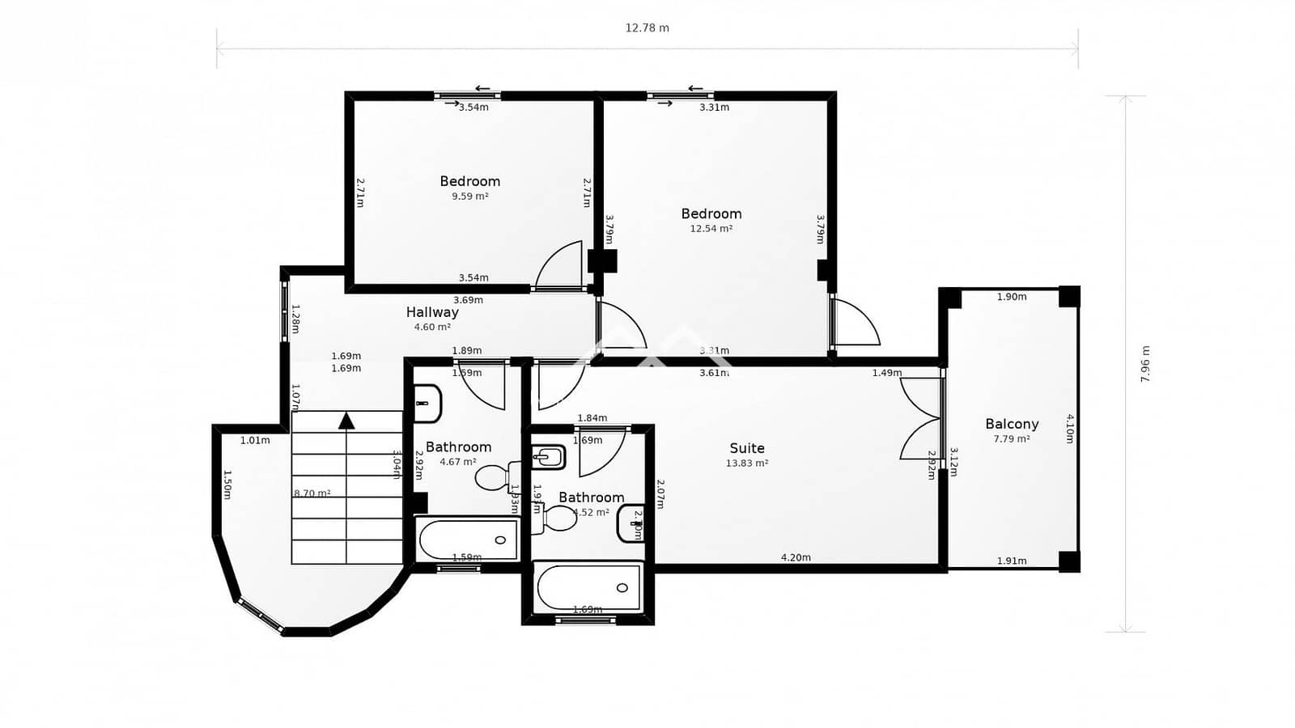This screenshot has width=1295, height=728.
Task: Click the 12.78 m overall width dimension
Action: click(647, 28)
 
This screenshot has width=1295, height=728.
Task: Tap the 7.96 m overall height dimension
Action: click(1144, 364)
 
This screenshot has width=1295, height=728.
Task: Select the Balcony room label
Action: click(1012, 424)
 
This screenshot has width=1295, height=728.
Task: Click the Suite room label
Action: click(746, 448)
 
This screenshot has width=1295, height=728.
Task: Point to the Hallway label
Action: click(432, 312)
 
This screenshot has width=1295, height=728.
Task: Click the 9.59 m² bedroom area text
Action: click(469, 197)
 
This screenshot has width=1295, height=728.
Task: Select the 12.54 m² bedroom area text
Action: click(711, 229)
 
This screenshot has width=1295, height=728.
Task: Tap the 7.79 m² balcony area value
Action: click(1012, 439)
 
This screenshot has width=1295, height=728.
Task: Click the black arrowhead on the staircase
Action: click(346, 420)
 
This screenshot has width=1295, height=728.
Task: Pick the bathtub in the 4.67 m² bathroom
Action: click(468, 540)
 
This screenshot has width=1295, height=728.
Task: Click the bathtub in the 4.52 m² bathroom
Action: click(588, 587)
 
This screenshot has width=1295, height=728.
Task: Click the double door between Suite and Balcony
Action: click(923, 419)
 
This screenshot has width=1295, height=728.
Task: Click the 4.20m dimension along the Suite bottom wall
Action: click(796, 557)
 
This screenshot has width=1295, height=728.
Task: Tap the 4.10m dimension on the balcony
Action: click(1070, 429)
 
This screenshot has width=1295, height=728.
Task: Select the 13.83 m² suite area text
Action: click(746, 463)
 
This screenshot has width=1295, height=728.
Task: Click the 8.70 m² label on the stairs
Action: click(312, 493)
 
